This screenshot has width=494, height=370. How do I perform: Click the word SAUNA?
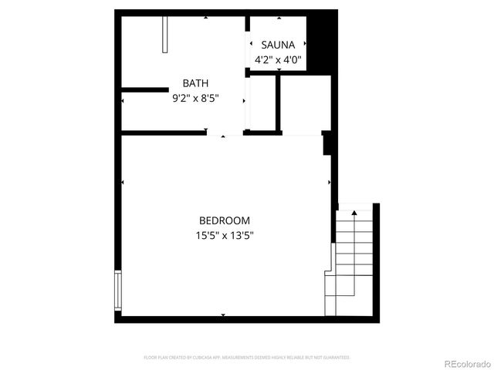point(278,45)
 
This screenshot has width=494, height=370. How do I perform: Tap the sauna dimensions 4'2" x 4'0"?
point(278,59)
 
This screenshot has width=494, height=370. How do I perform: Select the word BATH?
point(195,83)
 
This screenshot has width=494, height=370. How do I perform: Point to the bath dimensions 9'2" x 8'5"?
point(195,98)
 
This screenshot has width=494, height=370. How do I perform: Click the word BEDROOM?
point(225,220)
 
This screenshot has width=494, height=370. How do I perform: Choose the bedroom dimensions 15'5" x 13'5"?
point(225,236)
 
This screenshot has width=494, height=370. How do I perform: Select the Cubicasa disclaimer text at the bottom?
point(247,358)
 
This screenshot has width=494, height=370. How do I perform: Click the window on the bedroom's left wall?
point(118,290)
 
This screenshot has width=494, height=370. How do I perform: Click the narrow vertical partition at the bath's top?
point(165,35)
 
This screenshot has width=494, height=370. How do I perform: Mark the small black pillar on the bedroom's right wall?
point(327,143)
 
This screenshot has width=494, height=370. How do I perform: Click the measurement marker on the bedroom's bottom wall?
point(224,314)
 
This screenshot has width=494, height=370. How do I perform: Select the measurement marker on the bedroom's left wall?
point(123,182)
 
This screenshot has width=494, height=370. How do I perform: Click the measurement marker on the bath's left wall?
point(123,101)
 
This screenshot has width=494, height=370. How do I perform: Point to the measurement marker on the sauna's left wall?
point(250,42)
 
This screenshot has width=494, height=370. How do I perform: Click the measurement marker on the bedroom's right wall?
point(330,182)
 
